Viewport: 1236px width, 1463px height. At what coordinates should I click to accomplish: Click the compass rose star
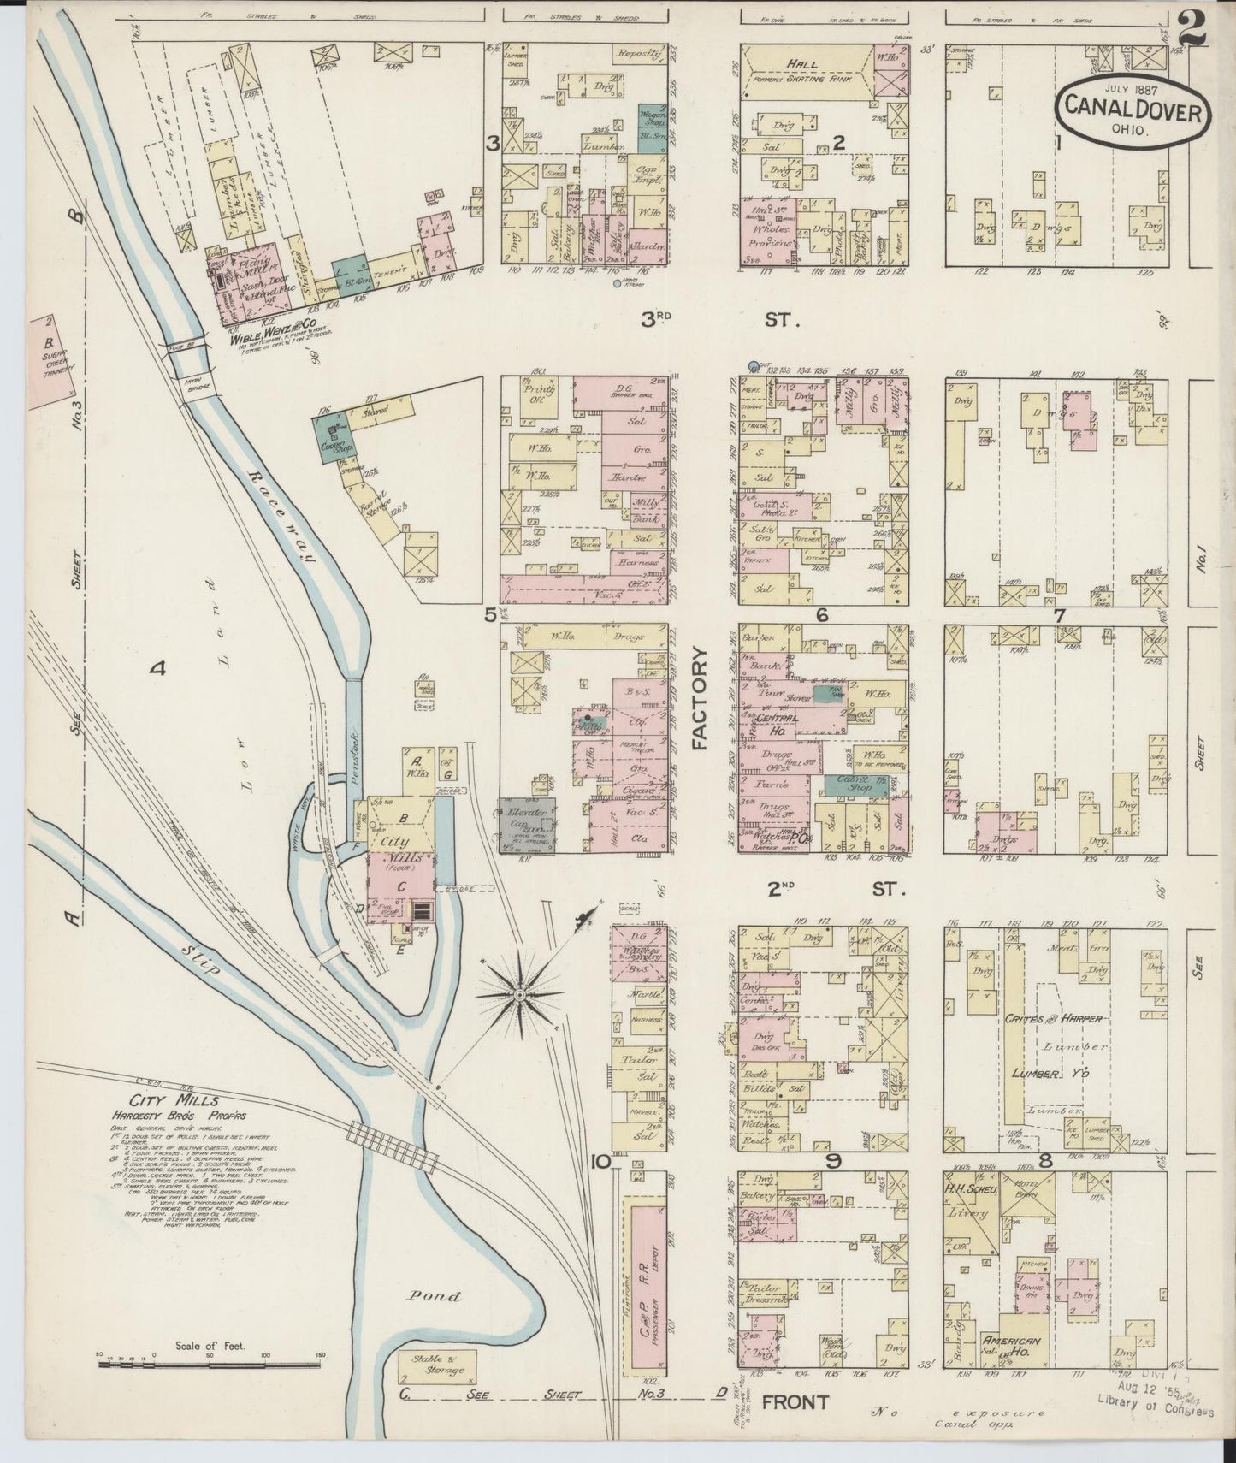coord(521,995)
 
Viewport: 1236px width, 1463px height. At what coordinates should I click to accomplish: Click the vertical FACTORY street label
coord(701,698)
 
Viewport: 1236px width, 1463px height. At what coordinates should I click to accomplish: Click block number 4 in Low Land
coord(157,669)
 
